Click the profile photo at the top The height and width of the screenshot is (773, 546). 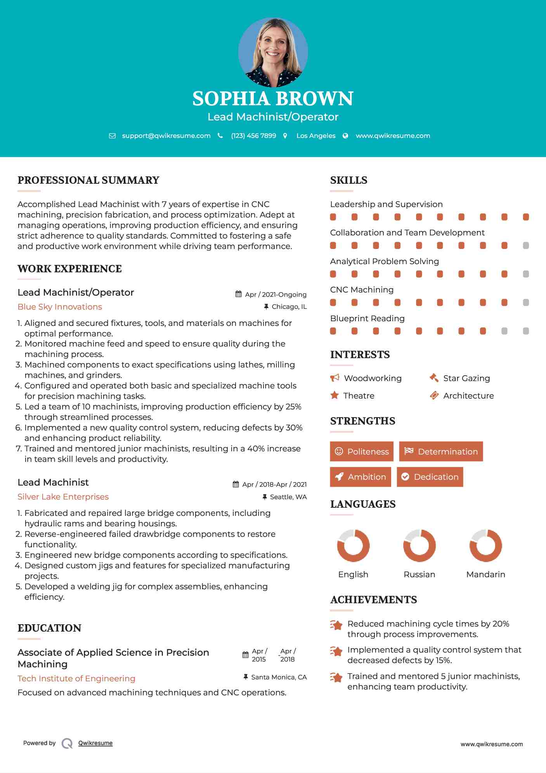coord(273,52)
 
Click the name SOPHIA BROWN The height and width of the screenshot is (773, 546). coord(273,99)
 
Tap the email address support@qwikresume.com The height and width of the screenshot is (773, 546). coord(166,136)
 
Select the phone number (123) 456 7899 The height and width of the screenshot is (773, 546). coord(253,136)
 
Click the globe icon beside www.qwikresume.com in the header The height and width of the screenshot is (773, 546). coord(345,136)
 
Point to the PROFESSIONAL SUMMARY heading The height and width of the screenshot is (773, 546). coord(88,180)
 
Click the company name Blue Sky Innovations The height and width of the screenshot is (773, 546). coord(60,307)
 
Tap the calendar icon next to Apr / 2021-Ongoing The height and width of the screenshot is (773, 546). coord(238,294)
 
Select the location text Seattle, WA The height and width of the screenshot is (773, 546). coord(288,497)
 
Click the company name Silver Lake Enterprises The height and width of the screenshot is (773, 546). coord(63,497)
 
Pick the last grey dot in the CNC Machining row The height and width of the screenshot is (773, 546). coord(526,303)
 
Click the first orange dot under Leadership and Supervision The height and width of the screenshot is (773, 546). coord(333,217)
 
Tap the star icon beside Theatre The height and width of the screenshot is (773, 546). coord(334,395)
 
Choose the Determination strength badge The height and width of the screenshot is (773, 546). coord(441,451)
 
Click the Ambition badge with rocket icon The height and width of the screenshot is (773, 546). coord(361,477)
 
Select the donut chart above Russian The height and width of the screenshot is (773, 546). coord(419,545)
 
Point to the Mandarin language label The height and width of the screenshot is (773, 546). coord(485,575)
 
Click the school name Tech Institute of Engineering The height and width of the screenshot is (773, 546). coord(76,679)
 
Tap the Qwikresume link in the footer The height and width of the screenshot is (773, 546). coord(95,743)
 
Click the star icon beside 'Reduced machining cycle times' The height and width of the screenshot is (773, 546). coord(336,625)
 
